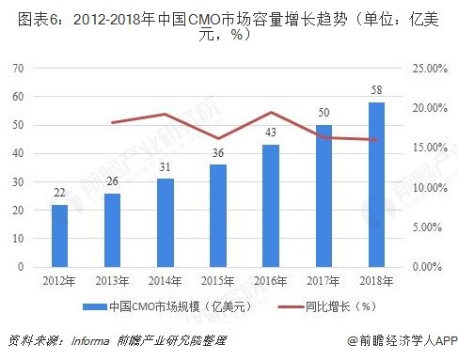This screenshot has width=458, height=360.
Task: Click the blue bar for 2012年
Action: [59, 235]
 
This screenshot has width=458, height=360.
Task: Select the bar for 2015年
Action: [217, 215]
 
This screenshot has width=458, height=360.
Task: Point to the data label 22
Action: [59, 194]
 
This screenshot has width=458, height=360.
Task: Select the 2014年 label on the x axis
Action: [165, 280]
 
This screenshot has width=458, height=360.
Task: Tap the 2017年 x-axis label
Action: [324, 280]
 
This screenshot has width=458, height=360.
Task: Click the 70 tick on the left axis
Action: [18, 69]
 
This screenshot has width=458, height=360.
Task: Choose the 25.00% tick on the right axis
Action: [424, 69]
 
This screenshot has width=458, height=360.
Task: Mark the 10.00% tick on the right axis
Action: [424, 187]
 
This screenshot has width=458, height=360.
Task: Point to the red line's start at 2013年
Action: [112, 123]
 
